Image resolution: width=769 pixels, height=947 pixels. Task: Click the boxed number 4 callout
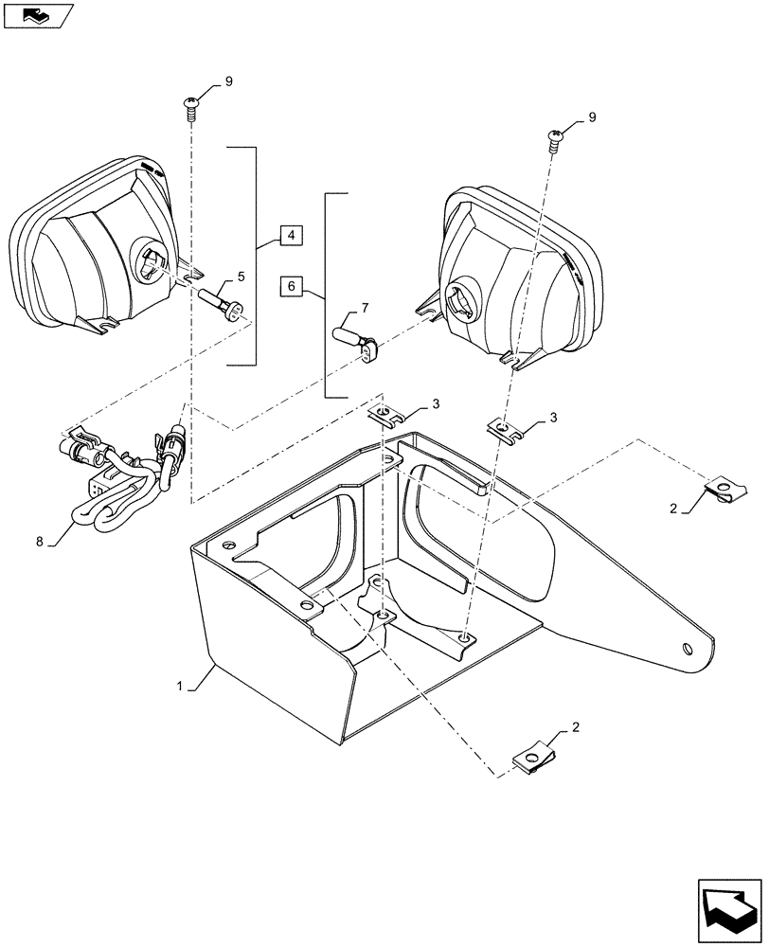(291, 235)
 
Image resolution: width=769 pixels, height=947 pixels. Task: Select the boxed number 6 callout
(291, 285)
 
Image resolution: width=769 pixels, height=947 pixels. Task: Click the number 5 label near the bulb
(241, 277)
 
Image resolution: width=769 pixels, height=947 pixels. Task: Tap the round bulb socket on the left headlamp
(152, 259)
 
